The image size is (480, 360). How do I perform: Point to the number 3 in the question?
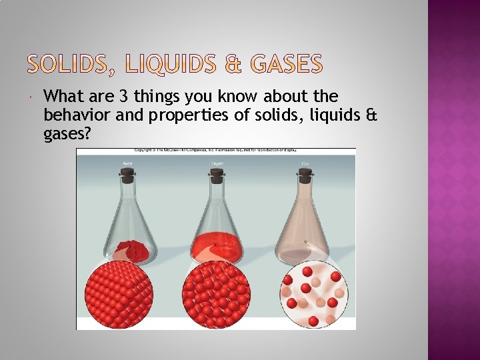point(123,97)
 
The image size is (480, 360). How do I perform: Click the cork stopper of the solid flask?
point(127,175)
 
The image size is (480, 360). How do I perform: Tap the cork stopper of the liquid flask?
point(217,175)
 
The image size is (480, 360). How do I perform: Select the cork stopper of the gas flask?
point(306,175)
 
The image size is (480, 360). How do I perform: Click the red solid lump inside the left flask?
point(133,251)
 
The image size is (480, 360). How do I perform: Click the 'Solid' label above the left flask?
point(127,163)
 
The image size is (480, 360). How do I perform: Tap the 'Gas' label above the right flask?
point(306,163)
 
